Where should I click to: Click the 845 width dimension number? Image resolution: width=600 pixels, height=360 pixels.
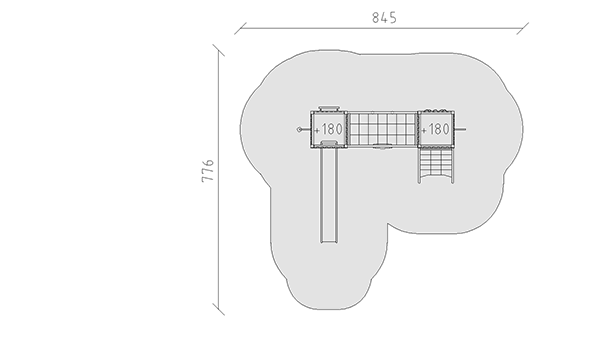(x=385, y=18)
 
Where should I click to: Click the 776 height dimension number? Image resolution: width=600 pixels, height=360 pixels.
(x=208, y=171)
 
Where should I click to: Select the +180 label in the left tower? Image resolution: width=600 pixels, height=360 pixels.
(x=328, y=129)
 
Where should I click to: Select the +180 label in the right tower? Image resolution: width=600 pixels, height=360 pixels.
(x=435, y=129)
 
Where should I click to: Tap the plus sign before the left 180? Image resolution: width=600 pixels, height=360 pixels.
(x=316, y=130)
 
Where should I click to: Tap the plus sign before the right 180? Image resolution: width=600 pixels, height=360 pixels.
(x=424, y=130)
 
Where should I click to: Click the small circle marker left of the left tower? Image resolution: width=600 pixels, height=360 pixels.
(x=299, y=130)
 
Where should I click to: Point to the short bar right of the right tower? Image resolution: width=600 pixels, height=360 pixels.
(x=460, y=129)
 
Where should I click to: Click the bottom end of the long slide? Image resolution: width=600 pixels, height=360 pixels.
(x=329, y=242)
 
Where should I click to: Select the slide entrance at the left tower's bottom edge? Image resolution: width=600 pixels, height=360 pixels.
(x=329, y=143)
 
